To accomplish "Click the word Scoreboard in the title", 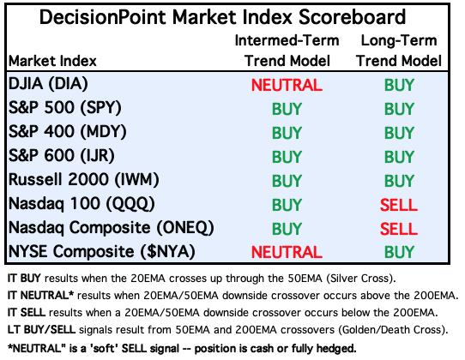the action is click(x=352, y=16).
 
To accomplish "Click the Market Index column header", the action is click(x=53, y=61).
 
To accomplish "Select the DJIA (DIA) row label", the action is click(x=48, y=84).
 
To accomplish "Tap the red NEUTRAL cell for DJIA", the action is click(x=287, y=85).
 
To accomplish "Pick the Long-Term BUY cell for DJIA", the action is click(x=399, y=85).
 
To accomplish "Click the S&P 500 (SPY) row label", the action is click(x=65, y=108).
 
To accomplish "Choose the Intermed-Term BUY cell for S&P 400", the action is click(x=287, y=133).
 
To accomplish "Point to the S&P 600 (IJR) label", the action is click(x=62, y=156).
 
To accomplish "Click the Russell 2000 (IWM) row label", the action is click(x=84, y=180).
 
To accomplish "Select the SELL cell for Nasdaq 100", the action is click(x=399, y=205).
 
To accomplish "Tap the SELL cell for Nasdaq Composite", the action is click(x=399, y=229).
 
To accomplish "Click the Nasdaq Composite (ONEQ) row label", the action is click(x=112, y=228).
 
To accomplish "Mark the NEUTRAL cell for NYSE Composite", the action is click(x=287, y=253).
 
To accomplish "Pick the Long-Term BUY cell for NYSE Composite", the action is click(x=399, y=253).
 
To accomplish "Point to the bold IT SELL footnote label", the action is click(x=27, y=313).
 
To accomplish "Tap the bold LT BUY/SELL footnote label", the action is click(x=41, y=330).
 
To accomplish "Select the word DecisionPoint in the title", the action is click(x=103, y=16).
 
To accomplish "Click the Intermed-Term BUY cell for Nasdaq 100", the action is click(x=287, y=205).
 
